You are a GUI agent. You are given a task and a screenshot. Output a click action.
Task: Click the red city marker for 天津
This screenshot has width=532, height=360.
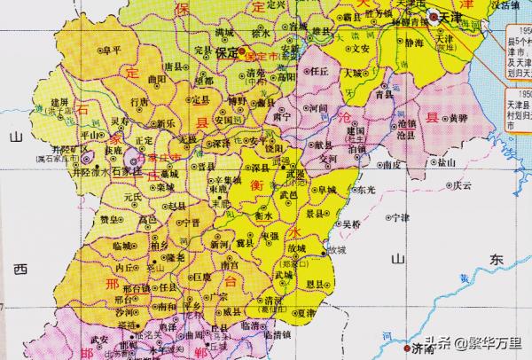pyautogui.click(x=434, y=17)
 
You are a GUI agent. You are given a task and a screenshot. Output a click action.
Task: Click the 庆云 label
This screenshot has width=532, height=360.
pyautogui.click(x=461, y=186)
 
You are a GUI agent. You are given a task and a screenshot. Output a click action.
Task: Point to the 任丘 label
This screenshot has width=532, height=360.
pyautogui.click(x=318, y=70)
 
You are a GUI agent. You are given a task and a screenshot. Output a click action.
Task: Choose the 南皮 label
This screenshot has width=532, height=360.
pyautogui.click(x=391, y=164)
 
